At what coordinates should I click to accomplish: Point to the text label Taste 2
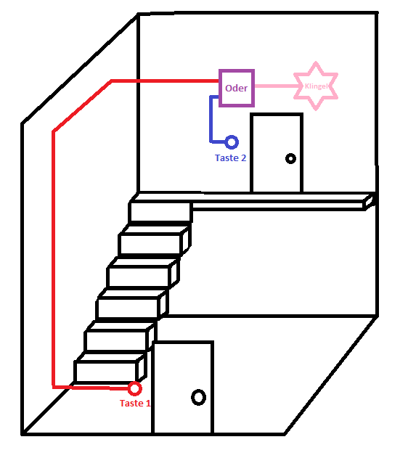click(230, 158)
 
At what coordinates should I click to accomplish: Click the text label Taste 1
click(135, 404)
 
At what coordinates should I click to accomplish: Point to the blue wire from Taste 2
click(211, 120)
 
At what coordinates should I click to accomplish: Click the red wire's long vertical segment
click(53, 259)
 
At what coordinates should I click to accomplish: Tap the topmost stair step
click(160, 212)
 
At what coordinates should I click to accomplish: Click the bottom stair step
click(110, 369)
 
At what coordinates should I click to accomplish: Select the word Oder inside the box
click(236, 88)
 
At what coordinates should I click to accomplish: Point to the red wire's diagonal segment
click(82, 106)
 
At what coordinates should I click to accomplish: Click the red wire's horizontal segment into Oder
click(165, 81)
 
